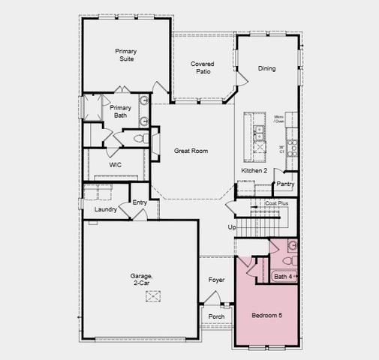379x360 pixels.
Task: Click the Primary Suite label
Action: (125, 55)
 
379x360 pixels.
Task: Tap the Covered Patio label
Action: (201, 67)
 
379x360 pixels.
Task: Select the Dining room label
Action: (266, 68)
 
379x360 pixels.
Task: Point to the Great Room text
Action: (191, 151)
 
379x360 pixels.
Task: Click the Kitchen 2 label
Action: (254, 171)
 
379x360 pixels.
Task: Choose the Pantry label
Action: (285, 184)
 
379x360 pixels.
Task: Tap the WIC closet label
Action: (116, 164)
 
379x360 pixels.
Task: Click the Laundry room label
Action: (106, 209)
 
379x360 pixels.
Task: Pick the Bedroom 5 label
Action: (266, 316)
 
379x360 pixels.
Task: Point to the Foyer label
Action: (216, 280)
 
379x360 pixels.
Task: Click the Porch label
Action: (216, 316)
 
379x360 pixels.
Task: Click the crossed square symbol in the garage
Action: (153, 296)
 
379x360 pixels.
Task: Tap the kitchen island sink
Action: (259, 133)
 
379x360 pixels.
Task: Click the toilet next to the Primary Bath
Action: (140, 139)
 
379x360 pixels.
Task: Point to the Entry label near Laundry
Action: (140, 202)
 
